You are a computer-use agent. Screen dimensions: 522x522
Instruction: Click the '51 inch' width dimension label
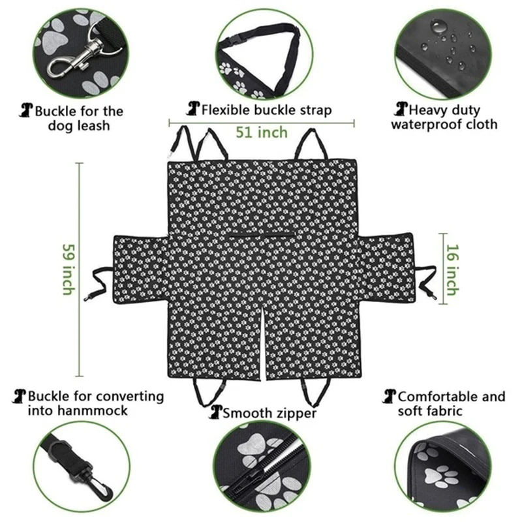coord(262,132)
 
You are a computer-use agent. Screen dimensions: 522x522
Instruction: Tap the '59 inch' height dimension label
coord(69,269)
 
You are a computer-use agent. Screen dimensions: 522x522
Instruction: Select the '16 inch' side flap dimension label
coord(452,270)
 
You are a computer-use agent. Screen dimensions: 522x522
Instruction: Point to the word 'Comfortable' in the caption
coord(438,397)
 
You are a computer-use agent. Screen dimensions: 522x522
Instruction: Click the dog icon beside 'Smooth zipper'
coord(215,412)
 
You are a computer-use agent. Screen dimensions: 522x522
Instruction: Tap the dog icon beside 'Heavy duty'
coord(401,109)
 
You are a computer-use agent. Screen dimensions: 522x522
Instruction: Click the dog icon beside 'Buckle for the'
coord(26,110)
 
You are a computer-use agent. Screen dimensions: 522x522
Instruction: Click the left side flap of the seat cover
coord(140,269)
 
